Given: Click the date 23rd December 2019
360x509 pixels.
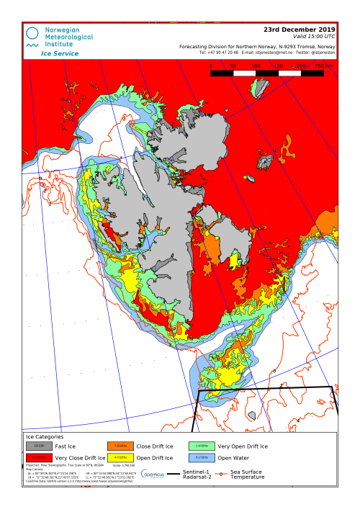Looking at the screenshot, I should (300, 30).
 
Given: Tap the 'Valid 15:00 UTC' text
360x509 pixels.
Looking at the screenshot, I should (315, 36).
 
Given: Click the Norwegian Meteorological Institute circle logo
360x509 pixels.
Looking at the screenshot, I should (32, 33).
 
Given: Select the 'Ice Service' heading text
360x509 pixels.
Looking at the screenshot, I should (60, 53).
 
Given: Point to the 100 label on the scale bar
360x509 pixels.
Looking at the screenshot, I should (256, 66).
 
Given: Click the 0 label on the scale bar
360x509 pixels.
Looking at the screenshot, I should (211, 66).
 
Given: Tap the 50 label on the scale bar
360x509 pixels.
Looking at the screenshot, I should (233, 66).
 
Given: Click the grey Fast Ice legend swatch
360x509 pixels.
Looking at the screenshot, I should (39, 446).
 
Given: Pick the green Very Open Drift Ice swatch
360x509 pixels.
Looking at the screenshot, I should (201, 446).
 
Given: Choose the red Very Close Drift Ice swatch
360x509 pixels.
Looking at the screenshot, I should (39, 458).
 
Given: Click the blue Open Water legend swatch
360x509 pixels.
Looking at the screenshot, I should (201, 458).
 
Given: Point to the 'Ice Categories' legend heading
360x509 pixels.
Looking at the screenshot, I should (45, 437).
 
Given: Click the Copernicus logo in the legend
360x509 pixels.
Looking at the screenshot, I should (153, 474).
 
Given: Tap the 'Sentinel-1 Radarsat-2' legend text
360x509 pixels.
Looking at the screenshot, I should (196, 474).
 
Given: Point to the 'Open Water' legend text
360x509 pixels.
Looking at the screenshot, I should (234, 458).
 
